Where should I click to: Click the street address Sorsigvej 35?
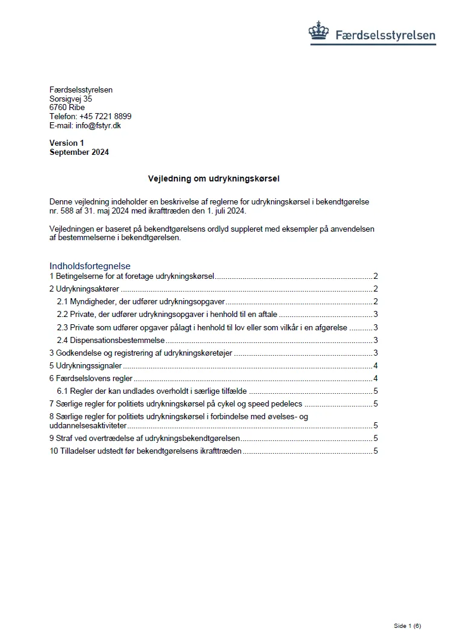click(71, 99)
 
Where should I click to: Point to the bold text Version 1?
click(67, 143)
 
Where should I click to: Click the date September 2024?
click(79, 152)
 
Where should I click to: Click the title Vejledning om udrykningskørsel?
click(214, 179)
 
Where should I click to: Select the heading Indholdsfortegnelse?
click(90, 266)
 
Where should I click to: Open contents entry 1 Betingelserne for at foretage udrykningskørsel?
click(132, 276)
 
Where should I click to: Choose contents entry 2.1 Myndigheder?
click(141, 302)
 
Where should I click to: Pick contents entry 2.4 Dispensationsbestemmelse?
click(111, 340)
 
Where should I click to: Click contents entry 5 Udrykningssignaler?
click(85, 365)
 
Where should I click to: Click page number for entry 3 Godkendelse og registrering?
click(376, 353)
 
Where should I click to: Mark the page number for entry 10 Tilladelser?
click(376, 451)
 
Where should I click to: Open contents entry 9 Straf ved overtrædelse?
click(145, 438)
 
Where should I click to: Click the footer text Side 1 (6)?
click(407, 625)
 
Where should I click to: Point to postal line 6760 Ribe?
click(67, 108)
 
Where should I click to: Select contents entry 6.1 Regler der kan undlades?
click(152, 391)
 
